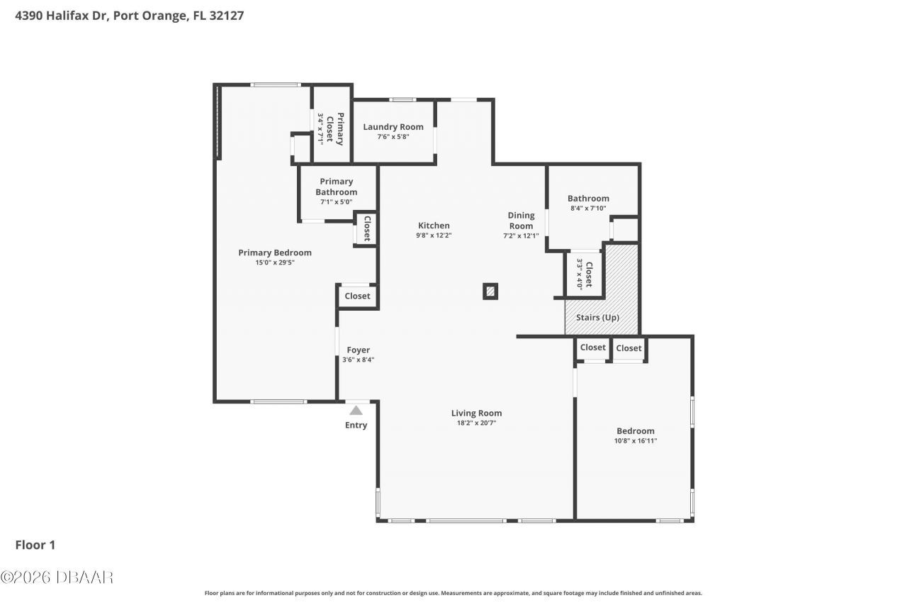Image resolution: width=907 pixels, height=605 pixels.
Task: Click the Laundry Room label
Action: pos(393,127)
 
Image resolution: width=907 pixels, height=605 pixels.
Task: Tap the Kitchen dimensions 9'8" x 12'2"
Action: pos(434,235)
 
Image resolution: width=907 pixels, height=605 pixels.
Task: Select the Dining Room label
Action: pos(521,221)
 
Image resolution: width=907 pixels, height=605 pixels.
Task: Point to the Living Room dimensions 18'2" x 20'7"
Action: pos(476,423)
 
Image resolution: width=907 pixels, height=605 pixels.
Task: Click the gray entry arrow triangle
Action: pos(356,411)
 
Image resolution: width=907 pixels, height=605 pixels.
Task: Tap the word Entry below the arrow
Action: pos(356,425)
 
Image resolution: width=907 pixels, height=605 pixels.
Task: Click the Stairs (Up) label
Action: pos(597,317)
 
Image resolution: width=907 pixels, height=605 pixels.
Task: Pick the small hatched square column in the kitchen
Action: pos(490,292)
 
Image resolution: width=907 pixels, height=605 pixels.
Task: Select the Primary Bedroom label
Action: pos(275,252)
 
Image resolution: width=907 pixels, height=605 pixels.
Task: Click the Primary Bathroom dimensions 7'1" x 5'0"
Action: pos(336,202)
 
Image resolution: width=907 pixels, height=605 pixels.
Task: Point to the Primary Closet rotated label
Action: pos(335,129)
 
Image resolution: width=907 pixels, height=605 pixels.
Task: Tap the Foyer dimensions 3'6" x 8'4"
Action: pos(359,360)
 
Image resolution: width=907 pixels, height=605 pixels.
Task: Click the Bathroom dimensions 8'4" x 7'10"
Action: pos(588,209)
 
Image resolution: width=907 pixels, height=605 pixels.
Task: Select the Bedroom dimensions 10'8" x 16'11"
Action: pos(636,441)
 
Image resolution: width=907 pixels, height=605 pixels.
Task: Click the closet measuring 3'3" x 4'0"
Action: pos(585,274)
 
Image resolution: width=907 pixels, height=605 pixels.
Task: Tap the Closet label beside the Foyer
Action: pos(358,296)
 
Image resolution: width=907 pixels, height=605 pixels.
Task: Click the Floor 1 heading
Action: pos(35,545)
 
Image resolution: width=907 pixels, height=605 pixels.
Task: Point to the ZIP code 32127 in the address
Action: pos(226,16)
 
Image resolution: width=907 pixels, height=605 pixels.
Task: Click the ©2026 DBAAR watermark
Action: pos(57,577)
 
